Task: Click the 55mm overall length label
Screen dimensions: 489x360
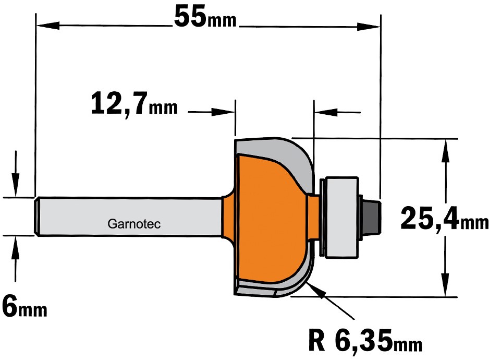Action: point(205,17)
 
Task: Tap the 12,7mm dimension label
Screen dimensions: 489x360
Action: point(135,104)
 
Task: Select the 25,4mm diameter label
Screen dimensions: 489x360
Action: point(444,219)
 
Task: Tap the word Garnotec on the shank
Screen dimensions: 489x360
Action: point(134,224)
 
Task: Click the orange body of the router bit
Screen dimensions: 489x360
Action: point(268,219)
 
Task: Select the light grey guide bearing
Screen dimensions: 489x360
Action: point(342,218)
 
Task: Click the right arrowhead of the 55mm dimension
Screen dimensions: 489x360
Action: point(369,27)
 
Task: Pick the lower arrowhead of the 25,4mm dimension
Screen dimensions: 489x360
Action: point(446,285)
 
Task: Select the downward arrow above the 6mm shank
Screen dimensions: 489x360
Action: point(15,174)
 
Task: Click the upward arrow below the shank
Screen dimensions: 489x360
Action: point(15,259)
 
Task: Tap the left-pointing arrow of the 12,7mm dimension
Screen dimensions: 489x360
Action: point(337,112)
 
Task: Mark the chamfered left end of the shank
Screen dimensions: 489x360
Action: point(36,217)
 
